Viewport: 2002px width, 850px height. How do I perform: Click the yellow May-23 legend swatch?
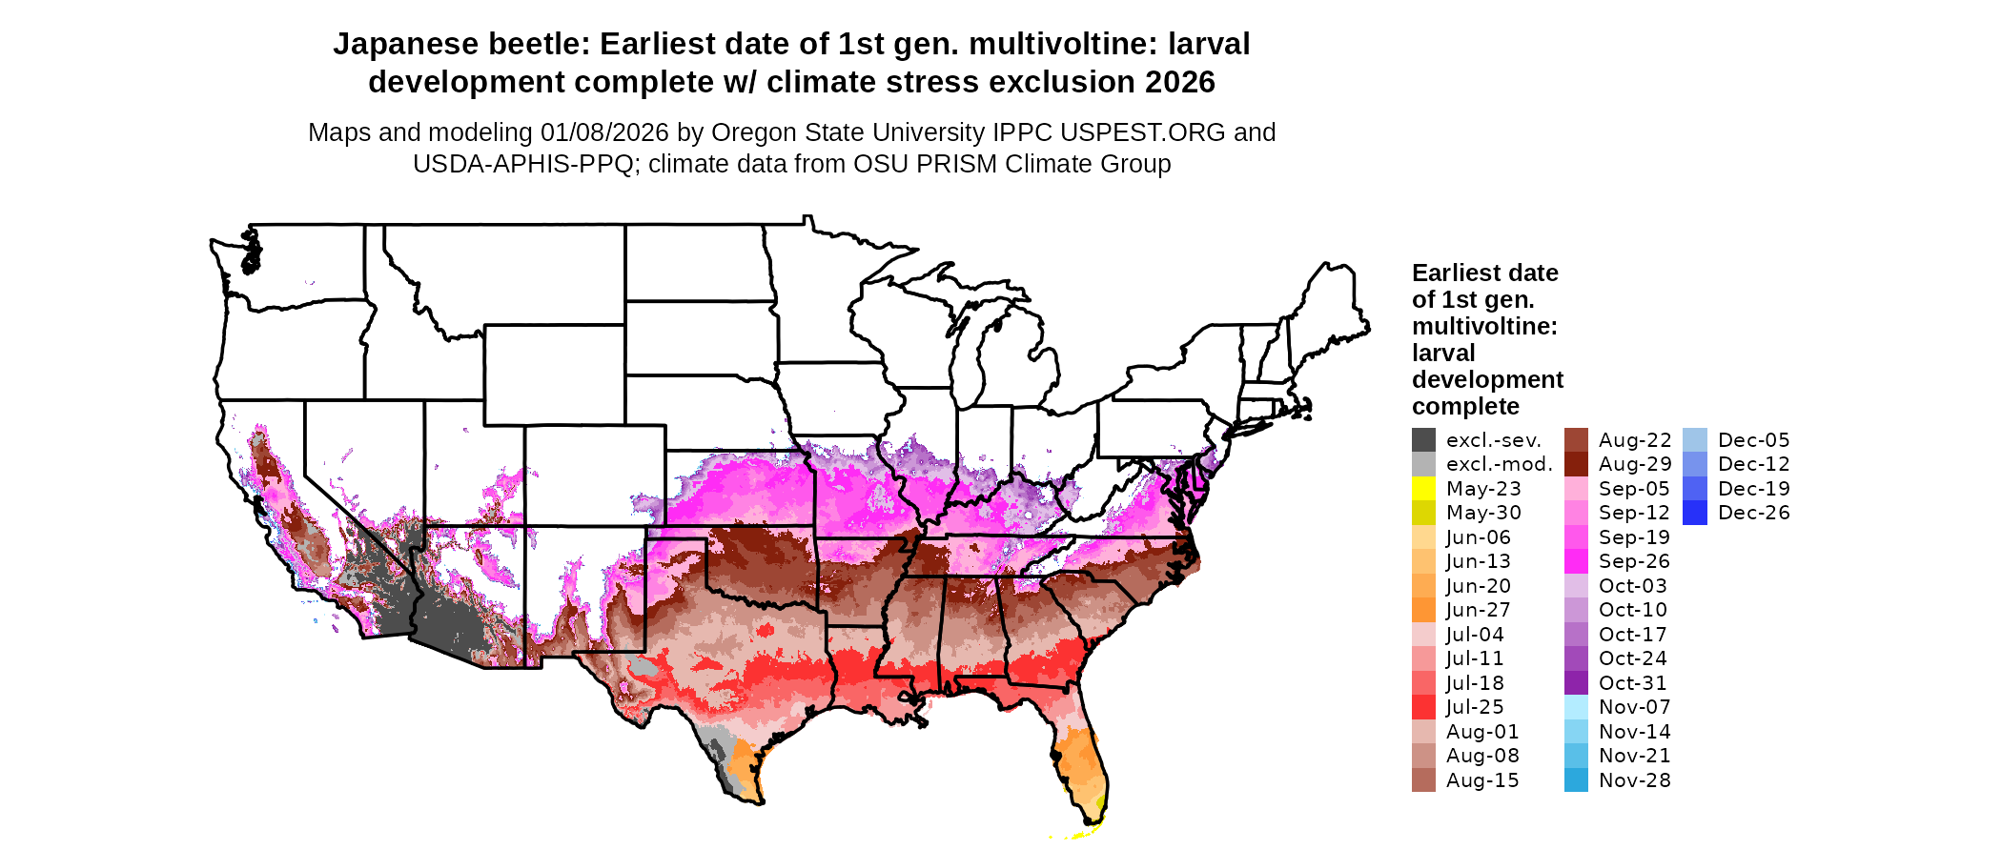1423,489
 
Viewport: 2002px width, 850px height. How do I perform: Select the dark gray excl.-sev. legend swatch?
1423,440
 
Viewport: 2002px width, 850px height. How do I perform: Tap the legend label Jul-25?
1475,707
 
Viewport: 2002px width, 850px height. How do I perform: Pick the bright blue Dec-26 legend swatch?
1695,513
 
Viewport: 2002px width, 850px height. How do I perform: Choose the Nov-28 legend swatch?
1576,780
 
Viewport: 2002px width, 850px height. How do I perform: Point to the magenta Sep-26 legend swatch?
1576,561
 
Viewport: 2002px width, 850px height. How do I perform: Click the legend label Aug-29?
1634,464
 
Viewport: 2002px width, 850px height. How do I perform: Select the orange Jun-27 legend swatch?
1423,610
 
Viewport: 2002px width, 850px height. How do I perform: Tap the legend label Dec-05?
1754,440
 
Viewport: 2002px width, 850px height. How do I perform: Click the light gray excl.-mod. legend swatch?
1423,464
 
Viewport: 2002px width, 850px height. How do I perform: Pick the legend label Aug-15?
1481,780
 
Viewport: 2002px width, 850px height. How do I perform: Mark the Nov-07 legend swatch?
1576,707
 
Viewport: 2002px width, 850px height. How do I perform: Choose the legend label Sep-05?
1634,489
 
